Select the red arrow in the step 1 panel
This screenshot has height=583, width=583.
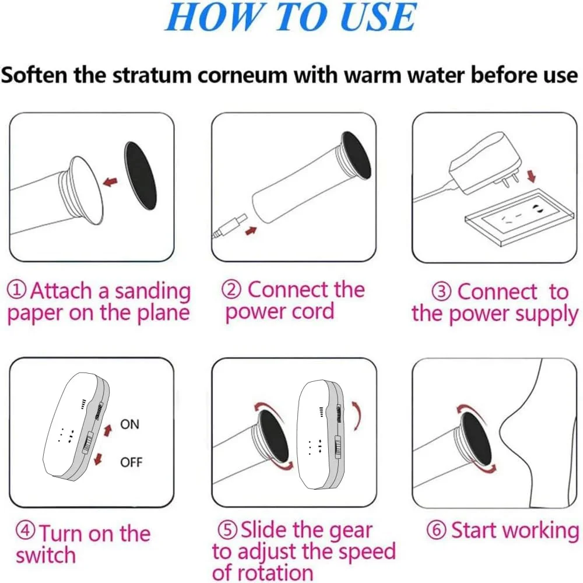coord(110,182)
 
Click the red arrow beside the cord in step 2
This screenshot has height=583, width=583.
coord(251,231)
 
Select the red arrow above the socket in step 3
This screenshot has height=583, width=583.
coord(532,176)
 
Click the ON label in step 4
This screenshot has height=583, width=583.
coord(130,424)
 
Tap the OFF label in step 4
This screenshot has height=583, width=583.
coord(131,462)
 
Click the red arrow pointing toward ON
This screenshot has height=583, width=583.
coord(108,430)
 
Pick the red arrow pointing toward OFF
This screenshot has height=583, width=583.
coord(98,459)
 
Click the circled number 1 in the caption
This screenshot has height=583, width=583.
coord(17,290)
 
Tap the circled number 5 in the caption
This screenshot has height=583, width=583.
coord(227,529)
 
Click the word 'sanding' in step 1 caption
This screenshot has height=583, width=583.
coord(153,291)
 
